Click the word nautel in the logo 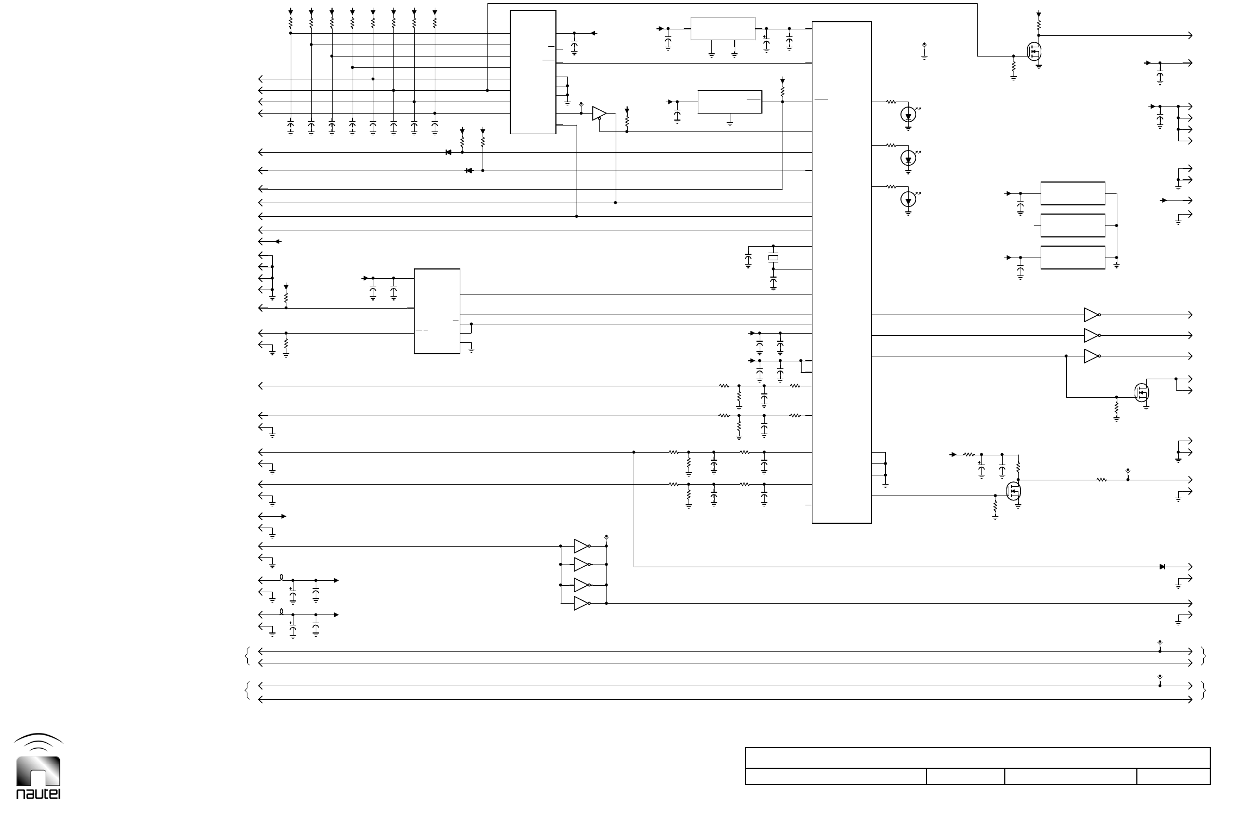38,793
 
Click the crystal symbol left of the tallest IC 773,258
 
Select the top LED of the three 908,115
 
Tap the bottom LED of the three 908,200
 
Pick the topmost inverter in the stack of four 581,546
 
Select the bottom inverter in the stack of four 581,604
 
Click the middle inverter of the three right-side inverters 1091,336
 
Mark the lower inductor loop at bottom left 282,612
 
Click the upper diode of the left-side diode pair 448,152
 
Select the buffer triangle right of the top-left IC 599,113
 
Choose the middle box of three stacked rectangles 1072,225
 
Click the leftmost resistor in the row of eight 291,24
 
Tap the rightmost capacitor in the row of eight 435,127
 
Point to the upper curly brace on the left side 248,657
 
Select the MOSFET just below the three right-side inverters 1141,392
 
